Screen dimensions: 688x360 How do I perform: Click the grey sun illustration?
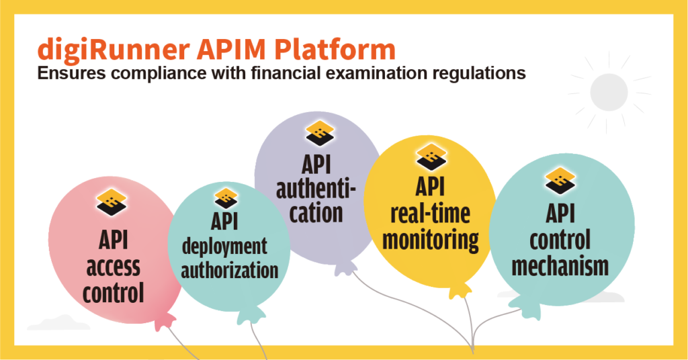[609, 93]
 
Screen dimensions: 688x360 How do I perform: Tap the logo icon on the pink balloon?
[112, 202]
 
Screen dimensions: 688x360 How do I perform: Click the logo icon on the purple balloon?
[320, 133]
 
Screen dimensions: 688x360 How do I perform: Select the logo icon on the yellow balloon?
[431, 156]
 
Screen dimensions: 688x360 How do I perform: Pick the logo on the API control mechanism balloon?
[560, 180]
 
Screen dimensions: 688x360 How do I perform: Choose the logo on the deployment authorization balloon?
[226, 199]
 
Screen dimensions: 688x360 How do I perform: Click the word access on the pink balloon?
[113, 267]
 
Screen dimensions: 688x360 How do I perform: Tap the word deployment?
[224, 247]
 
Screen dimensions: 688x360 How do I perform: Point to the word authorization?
[230, 270]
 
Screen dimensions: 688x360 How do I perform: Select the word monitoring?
[431, 240]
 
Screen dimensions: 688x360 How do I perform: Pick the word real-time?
[431, 214]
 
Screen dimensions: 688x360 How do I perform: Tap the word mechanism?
[560, 266]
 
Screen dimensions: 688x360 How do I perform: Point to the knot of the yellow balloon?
[460, 290]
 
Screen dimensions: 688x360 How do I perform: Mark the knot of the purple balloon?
[345, 267]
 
